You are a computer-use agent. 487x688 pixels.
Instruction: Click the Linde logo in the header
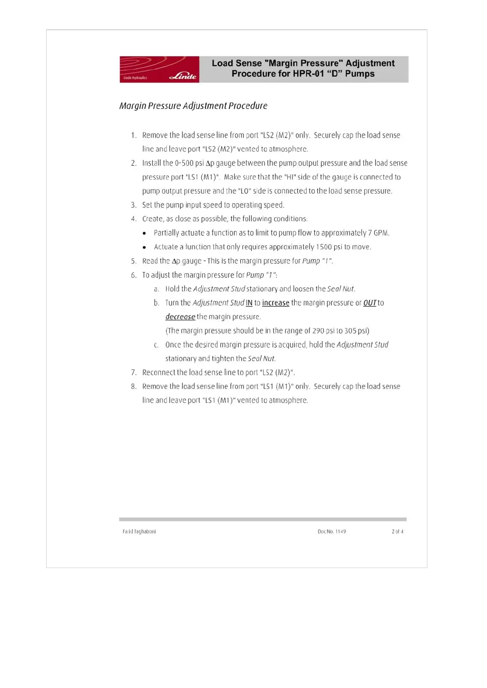[x=183, y=76]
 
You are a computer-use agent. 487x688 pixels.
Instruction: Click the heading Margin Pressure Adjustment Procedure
[x=193, y=106]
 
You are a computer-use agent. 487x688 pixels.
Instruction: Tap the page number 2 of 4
[x=397, y=531]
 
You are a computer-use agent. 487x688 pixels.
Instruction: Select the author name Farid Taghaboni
[x=139, y=531]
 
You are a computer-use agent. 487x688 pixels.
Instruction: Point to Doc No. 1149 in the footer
[x=331, y=531]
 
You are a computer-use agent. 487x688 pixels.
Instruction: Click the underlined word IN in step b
[x=249, y=303]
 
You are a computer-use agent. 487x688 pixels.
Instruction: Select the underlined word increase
[x=276, y=303]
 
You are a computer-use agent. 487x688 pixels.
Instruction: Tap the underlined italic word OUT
[x=370, y=303]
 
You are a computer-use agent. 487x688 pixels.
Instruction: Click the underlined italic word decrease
[x=180, y=317]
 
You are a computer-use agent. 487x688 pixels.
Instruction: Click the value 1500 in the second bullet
[x=324, y=247]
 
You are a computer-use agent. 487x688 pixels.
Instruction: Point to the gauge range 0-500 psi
[x=189, y=163]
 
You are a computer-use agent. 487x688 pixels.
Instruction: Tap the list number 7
[x=133, y=373]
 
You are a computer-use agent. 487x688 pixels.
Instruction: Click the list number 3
[x=133, y=205]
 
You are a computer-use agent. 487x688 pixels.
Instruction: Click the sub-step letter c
[x=156, y=345]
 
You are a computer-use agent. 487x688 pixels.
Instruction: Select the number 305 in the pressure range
[x=350, y=331]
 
